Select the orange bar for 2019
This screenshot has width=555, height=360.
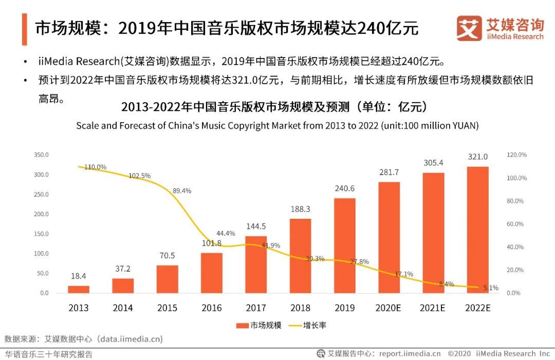click(x=344, y=245)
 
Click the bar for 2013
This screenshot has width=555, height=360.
click(x=79, y=289)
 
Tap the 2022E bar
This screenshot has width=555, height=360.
click(x=477, y=230)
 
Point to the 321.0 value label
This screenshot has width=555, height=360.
click(x=477, y=157)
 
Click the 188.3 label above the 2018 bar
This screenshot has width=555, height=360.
click(x=301, y=209)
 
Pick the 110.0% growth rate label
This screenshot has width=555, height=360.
click(x=95, y=167)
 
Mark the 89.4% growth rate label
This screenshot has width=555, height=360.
click(x=181, y=191)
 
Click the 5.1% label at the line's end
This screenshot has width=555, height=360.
click(x=491, y=288)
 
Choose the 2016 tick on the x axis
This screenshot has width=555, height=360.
click(x=212, y=308)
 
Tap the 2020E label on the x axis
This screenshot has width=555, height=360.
click(x=389, y=308)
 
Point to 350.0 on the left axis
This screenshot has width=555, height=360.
click(x=41, y=155)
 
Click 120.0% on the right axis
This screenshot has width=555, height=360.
click(x=516, y=155)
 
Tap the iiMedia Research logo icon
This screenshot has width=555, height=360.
click(x=469, y=28)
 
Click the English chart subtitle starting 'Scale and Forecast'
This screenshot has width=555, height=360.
click(x=277, y=126)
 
